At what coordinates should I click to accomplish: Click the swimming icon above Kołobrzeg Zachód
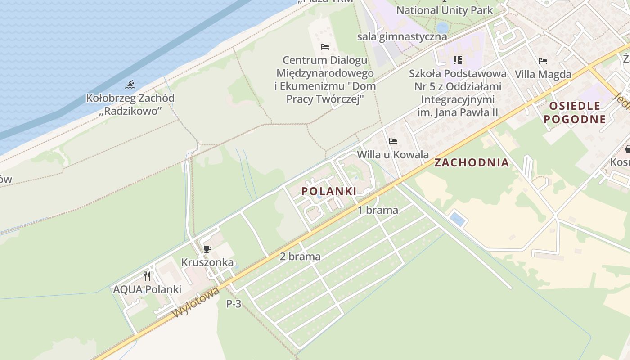pyautogui.click(x=130, y=85)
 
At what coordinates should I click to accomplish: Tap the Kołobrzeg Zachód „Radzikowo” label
pyautogui.click(x=130, y=104)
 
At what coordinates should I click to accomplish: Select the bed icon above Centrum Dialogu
pyautogui.click(x=325, y=47)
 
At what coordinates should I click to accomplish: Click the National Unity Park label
pyautogui.click(x=445, y=10)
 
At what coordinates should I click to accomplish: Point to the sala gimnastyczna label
pyautogui.click(x=402, y=36)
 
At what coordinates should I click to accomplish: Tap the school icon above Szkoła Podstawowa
pyautogui.click(x=458, y=60)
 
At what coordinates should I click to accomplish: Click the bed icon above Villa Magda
pyautogui.click(x=543, y=61)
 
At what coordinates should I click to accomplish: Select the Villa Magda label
pyautogui.click(x=543, y=74)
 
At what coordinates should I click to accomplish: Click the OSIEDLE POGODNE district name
pyautogui.click(x=575, y=112)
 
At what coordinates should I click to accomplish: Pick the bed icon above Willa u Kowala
pyautogui.click(x=393, y=141)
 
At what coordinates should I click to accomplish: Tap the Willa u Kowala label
pyautogui.click(x=393, y=155)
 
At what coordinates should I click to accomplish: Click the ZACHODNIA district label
pyautogui.click(x=472, y=162)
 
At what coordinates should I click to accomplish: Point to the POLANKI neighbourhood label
pyautogui.click(x=329, y=191)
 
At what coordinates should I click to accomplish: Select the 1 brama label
pyautogui.click(x=378, y=210)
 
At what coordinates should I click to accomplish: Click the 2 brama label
pyautogui.click(x=300, y=257)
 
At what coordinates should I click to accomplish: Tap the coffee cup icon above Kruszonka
pyautogui.click(x=207, y=249)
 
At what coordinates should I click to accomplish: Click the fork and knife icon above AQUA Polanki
pyautogui.click(x=147, y=276)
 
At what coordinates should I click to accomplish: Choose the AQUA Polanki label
pyautogui.click(x=147, y=289)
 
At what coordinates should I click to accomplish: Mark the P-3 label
pyautogui.click(x=234, y=304)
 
